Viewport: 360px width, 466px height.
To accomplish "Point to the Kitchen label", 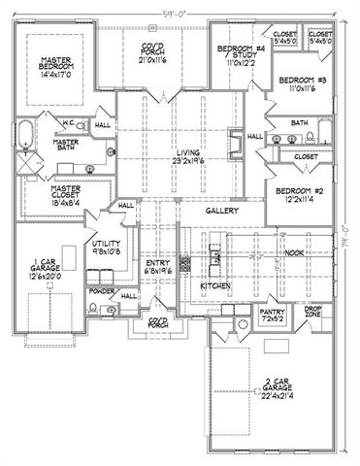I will pos(214,287).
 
